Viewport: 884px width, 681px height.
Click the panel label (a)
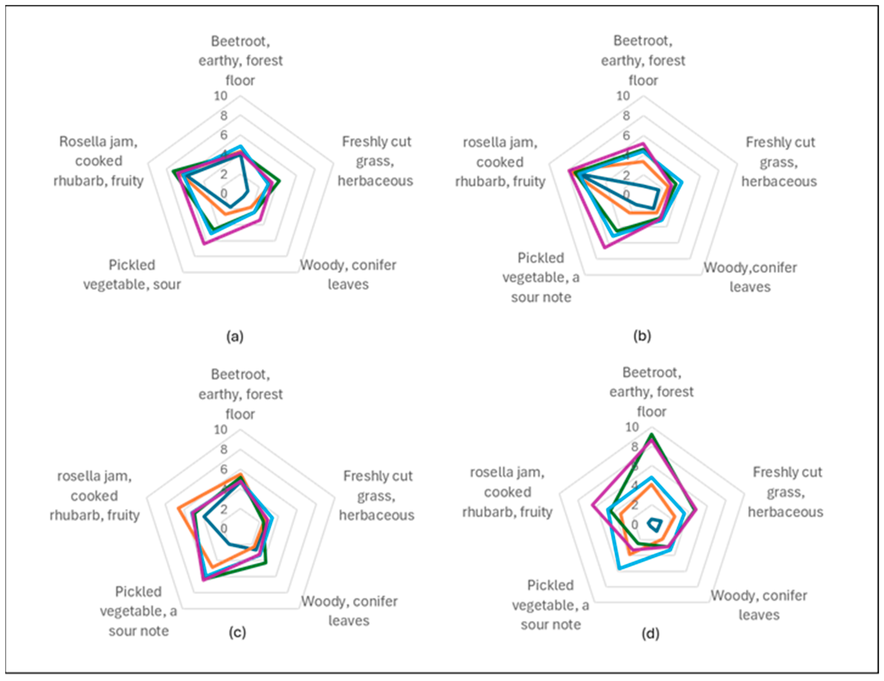(x=235, y=336)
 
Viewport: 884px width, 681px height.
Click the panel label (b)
(x=642, y=335)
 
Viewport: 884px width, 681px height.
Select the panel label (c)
(x=237, y=632)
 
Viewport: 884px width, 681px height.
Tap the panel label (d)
(x=651, y=633)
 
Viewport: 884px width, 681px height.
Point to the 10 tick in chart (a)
(x=221, y=96)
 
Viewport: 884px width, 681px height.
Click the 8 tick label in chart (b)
(x=626, y=116)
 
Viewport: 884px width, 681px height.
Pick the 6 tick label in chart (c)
(x=224, y=469)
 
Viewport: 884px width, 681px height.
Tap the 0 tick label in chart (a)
(x=224, y=193)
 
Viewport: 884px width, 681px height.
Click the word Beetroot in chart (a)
(x=240, y=41)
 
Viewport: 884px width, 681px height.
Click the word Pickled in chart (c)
(x=138, y=592)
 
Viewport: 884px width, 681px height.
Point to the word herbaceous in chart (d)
(x=785, y=512)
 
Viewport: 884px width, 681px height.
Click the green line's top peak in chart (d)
(x=651, y=435)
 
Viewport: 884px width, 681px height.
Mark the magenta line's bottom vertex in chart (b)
(x=604, y=247)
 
